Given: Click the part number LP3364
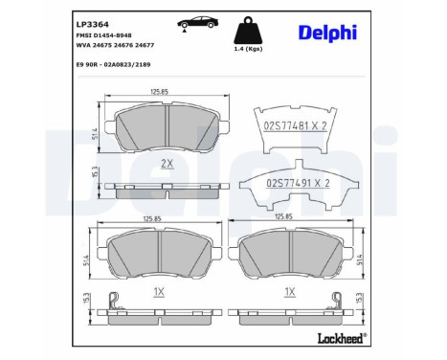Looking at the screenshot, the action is [93, 24].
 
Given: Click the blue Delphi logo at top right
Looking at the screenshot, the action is [327, 33].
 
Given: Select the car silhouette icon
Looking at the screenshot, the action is [198, 23].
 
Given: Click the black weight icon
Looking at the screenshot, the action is [248, 30].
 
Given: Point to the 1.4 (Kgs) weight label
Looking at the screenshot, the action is [248, 49].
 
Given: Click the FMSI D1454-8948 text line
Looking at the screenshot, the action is [103, 35].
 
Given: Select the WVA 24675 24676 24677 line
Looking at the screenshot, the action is [115, 45].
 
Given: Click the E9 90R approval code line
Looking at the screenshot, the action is [113, 65].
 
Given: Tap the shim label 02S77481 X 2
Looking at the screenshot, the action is [296, 126].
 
